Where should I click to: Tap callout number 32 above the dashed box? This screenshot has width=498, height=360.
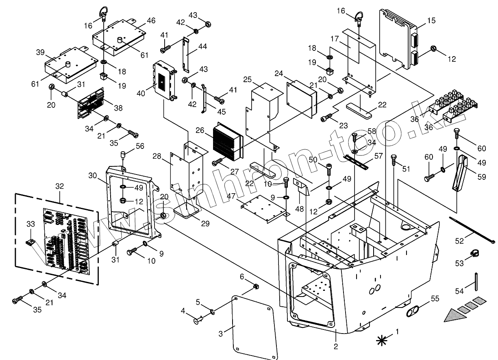(60, 186)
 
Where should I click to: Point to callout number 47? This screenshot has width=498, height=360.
(231, 196)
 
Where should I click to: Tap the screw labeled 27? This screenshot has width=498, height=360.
(217, 162)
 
